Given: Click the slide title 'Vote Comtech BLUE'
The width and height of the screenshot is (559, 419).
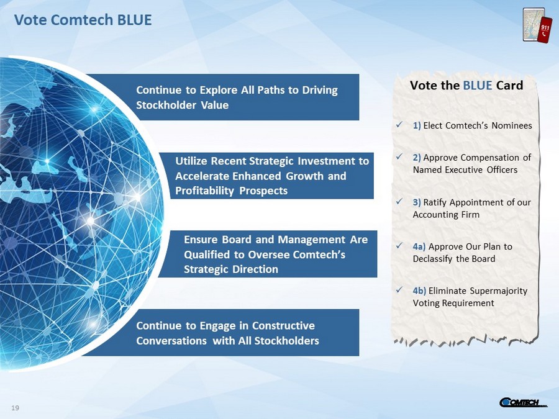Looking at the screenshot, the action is [83, 20].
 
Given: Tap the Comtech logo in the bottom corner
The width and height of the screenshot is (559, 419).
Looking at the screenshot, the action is [522, 402].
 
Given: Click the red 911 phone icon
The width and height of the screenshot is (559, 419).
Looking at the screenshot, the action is [544, 30].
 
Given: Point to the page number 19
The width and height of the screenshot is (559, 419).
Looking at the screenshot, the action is [16, 408].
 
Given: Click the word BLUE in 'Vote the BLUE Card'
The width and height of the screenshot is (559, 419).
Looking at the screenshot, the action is [478, 86].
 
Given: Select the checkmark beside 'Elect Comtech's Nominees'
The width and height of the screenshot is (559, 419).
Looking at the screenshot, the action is [399, 125].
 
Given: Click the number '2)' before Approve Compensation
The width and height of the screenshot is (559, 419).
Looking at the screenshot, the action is [417, 158].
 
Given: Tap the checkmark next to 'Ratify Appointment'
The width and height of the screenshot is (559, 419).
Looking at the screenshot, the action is [399, 202].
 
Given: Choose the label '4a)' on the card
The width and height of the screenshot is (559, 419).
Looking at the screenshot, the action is [419, 246].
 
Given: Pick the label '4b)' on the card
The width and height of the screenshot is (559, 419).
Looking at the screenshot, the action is [419, 291].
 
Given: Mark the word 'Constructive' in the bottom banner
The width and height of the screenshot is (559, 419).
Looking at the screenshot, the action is [283, 326].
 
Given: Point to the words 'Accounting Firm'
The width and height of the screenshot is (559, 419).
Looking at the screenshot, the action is [446, 215].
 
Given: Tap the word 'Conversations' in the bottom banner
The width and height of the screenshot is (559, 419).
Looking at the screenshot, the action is [171, 341].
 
